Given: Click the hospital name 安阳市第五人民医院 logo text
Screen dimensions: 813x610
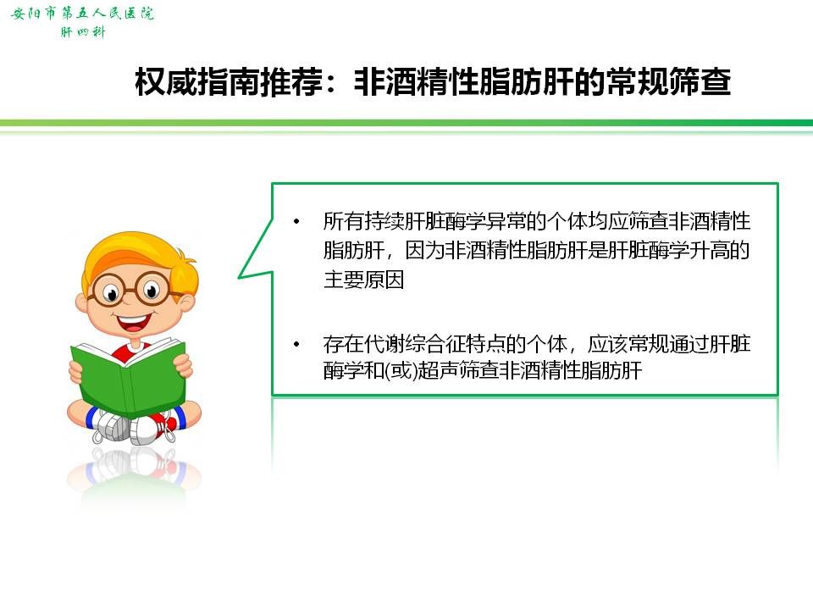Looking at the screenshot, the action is pos(82,13).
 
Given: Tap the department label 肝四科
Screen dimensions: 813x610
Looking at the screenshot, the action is pos(83,32).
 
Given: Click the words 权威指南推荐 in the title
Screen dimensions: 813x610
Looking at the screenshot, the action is pos(229,82).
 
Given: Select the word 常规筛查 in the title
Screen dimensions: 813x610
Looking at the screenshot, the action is pos(669,82).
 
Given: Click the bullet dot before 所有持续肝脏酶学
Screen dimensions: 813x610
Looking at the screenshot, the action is pos(296,221).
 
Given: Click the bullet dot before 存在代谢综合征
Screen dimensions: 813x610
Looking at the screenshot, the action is pos(296,344).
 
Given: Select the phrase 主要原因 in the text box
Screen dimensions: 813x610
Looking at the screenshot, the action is pos(363,280).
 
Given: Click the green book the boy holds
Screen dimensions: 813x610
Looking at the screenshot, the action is pos(128,375).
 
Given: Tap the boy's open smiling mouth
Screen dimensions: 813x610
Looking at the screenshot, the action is pos(133,322).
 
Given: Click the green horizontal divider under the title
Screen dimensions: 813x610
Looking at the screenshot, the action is pos(406,123).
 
